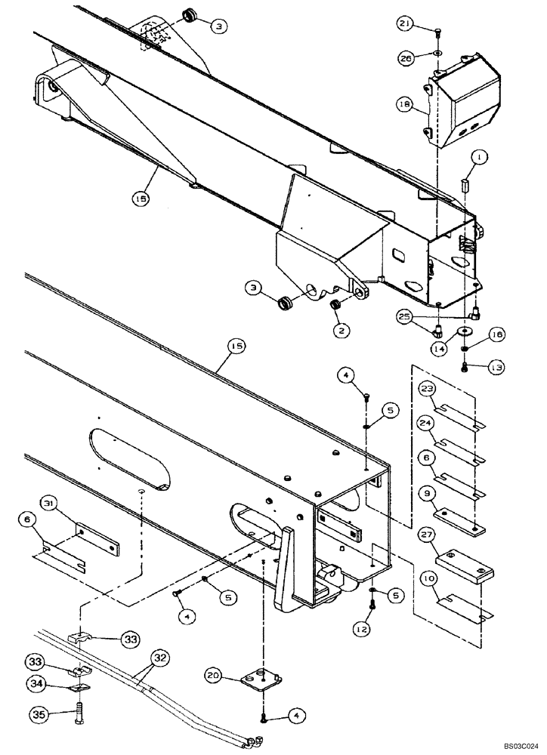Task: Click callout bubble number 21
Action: pos(404,26)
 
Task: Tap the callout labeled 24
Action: pos(427,424)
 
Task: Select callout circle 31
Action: pos(70,504)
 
